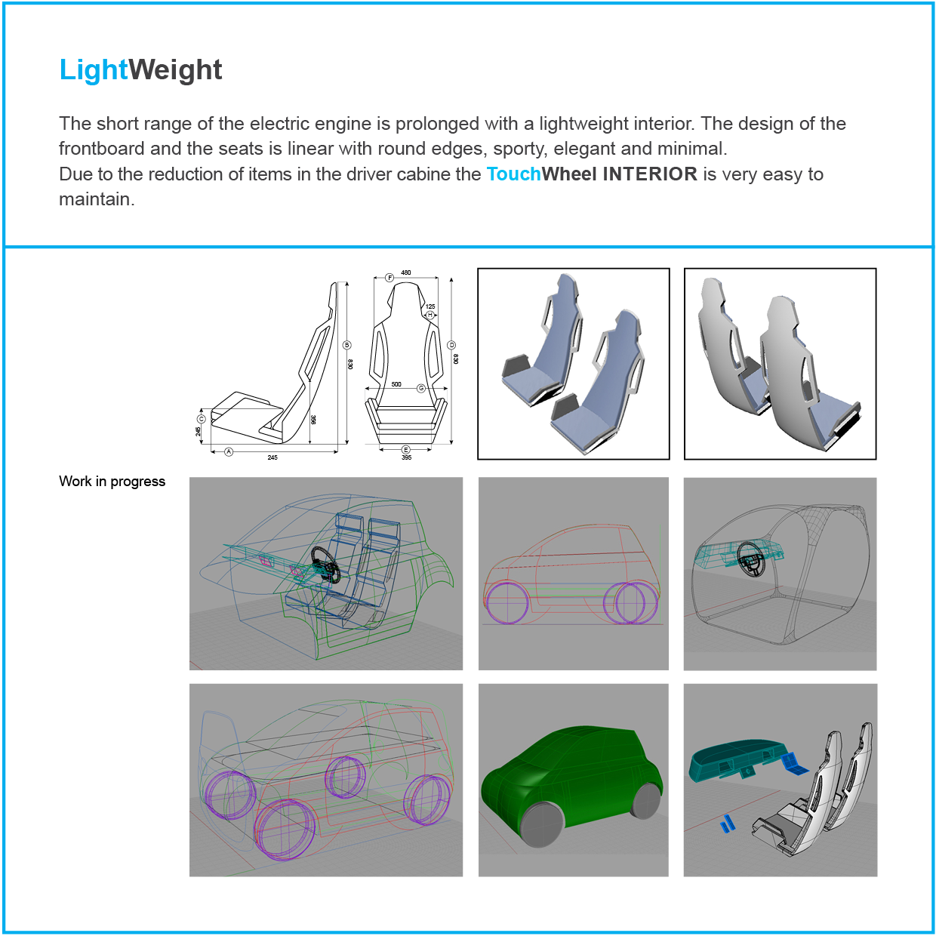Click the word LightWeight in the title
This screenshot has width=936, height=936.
[140, 69]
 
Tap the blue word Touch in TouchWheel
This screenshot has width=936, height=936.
[513, 174]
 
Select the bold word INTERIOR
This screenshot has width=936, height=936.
[650, 174]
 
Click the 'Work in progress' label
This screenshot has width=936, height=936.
[112, 482]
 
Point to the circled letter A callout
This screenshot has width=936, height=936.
[229, 451]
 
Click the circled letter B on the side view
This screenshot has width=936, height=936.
[346, 345]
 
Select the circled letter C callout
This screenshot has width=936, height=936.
[202, 419]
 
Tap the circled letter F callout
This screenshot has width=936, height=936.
[389, 278]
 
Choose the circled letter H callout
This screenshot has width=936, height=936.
[430, 316]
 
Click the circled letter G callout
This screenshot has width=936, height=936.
[421, 389]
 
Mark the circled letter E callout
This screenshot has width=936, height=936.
[405, 449]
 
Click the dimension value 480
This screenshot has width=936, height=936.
[405, 272]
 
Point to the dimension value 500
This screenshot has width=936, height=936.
[396, 384]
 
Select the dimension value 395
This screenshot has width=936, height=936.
[407, 457]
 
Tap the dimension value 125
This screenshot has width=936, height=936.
[430, 306]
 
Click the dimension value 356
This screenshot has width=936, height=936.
[313, 420]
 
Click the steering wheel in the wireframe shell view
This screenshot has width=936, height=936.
[751, 559]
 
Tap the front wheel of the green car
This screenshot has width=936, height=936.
[542, 824]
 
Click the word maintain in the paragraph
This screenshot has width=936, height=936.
[97, 199]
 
